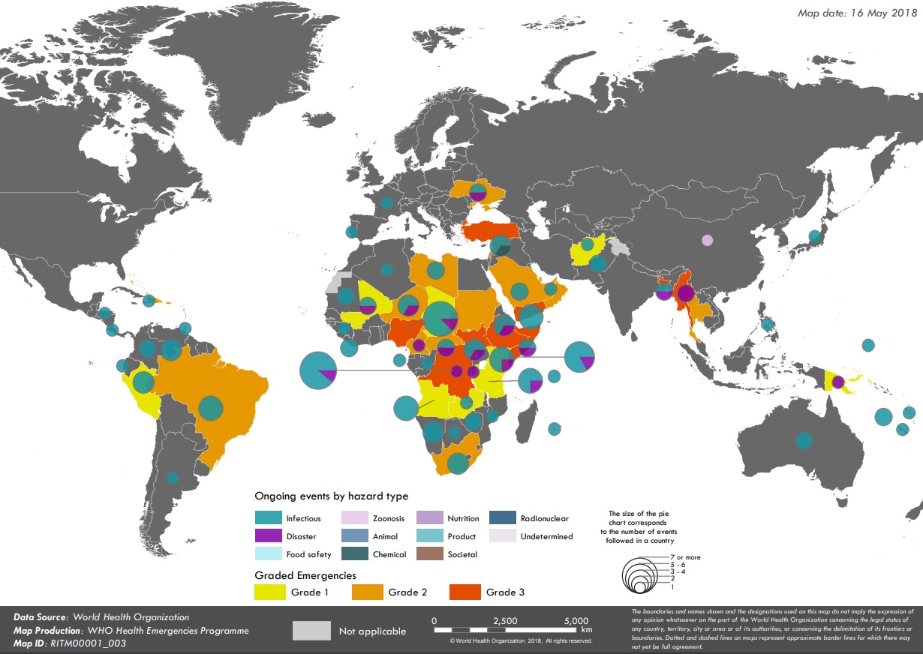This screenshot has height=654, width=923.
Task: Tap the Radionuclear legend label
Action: pos(544,518)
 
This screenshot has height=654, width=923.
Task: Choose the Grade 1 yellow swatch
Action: pos(269,592)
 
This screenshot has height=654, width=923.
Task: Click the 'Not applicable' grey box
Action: pos(311,630)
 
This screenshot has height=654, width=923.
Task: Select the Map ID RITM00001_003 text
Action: pos(70,643)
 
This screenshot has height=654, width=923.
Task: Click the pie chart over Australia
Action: pos(804,440)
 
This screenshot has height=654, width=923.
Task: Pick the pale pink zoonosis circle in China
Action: pos(707,241)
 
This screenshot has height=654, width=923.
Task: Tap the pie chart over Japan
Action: pos(815,237)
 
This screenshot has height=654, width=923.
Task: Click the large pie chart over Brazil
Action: pos(212,408)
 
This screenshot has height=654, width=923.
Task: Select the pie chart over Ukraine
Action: pos(478,192)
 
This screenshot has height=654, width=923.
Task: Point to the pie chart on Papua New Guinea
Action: pos(838,382)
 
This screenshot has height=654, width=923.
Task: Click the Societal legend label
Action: pos(462,555)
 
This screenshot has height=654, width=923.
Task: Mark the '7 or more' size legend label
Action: pos(687,557)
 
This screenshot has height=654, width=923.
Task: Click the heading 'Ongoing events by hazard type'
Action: pos(331,496)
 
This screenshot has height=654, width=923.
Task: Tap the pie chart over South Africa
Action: pos(457,463)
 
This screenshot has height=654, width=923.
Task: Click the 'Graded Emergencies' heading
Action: pos(305,575)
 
